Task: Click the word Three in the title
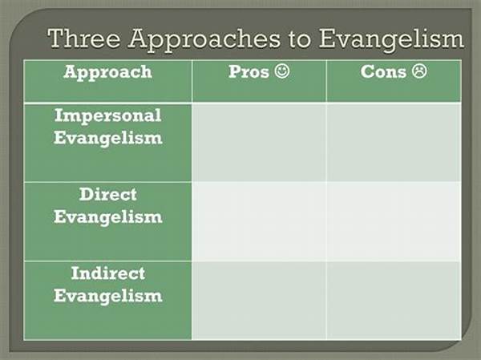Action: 83,38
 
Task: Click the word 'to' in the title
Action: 299,40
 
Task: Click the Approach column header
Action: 107,73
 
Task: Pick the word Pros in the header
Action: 249,72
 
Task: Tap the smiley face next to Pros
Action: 282,71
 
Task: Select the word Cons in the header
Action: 383,72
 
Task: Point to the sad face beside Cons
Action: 419,71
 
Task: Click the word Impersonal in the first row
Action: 108,116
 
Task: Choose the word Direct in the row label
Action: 108,194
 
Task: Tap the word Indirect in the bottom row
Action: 108,273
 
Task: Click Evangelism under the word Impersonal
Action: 108,139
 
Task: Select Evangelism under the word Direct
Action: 108,217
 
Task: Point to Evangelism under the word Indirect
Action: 108,297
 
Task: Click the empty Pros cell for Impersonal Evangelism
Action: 259,143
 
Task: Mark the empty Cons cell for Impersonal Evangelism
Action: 394,143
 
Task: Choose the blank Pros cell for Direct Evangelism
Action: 259,221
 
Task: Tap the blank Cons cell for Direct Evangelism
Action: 394,221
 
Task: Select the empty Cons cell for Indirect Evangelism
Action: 394,301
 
